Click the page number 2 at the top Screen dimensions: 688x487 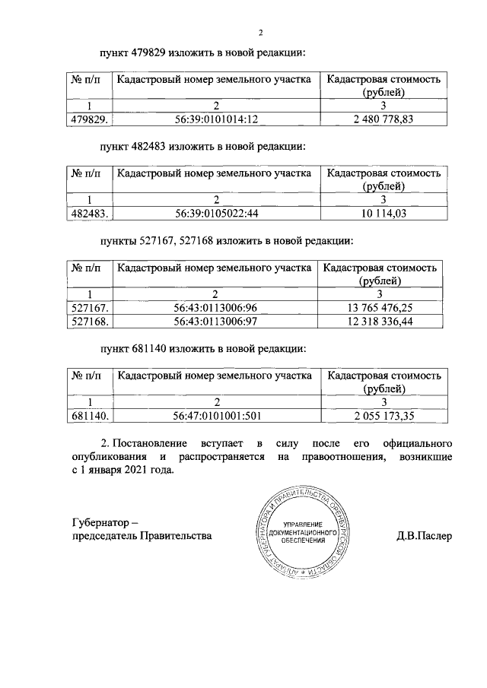click(260, 33)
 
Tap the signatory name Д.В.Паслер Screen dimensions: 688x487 click(424, 535)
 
